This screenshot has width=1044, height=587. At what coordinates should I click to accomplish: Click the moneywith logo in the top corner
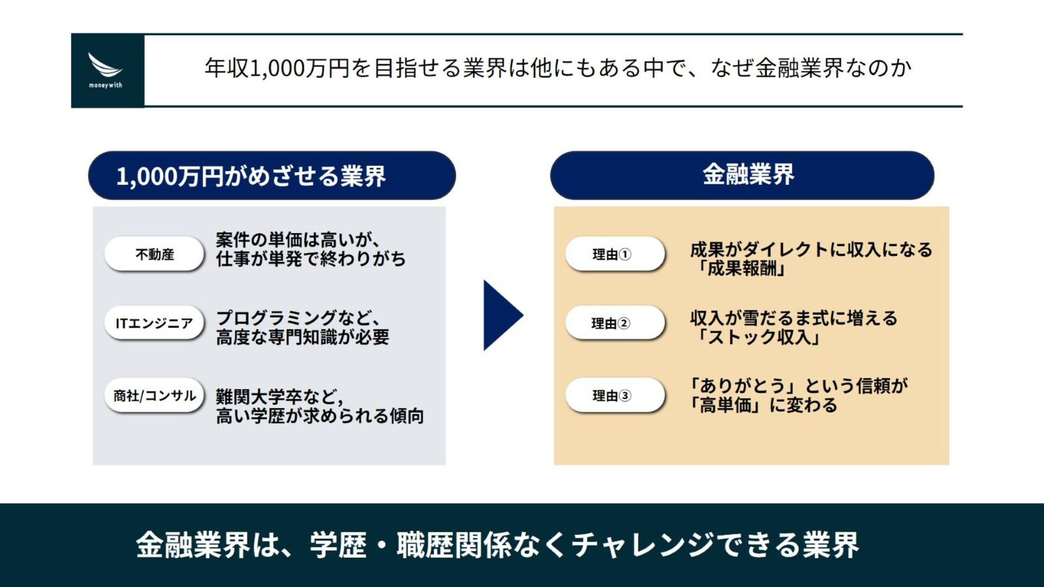pyautogui.click(x=105, y=70)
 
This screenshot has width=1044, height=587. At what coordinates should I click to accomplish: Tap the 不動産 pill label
pyautogui.click(x=154, y=254)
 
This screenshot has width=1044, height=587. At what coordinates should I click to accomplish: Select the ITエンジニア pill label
pyautogui.click(x=154, y=323)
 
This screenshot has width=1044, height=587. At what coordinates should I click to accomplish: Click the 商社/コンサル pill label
pyautogui.click(x=154, y=396)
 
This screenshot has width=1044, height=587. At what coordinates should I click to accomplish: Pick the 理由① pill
pyautogui.click(x=614, y=254)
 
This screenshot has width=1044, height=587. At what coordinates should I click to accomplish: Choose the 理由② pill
pyautogui.click(x=614, y=323)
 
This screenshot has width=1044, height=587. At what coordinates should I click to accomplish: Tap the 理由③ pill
pyautogui.click(x=614, y=396)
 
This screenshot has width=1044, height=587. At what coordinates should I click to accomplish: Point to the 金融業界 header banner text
pyautogui.click(x=748, y=175)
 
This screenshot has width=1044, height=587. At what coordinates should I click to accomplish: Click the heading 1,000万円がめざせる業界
pyautogui.click(x=251, y=176)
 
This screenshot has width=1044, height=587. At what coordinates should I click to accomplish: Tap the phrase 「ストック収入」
pyautogui.click(x=759, y=338)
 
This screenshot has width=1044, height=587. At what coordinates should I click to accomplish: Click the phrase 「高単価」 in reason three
pyautogui.click(x=725, y=405)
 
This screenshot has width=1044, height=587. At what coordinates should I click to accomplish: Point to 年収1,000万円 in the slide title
pyautogui.click(x=277, y=68)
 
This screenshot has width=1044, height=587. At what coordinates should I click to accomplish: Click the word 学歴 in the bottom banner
pyautogui.click(x=338, y=545)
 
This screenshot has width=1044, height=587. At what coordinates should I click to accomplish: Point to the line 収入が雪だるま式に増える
pyautogui.click(x=794, y=318)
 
